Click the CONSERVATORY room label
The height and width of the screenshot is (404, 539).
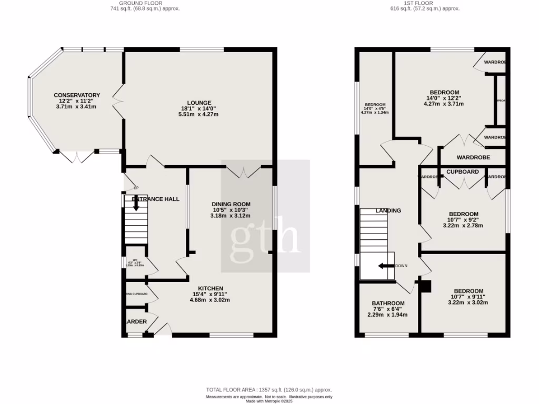[x=77, y=95]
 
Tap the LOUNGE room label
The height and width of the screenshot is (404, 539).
[x=199, y=103]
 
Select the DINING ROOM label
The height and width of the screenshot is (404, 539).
[x=231, y=204]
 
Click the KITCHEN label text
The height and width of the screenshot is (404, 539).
[x=210, y=288]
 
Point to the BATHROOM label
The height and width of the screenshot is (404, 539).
[x=388, y=304]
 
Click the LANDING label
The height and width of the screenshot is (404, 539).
[x=388, y=210]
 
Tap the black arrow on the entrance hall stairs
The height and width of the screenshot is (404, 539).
[x=136, y=203]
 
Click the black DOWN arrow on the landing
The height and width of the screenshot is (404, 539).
[x=386, y=266]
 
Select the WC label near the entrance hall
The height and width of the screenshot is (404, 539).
[x=135, y=260]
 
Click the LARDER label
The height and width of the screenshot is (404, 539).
[x=136, y=321]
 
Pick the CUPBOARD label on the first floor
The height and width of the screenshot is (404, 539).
[x=463, y=172]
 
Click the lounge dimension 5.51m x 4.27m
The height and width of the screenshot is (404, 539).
[x=199, y=114]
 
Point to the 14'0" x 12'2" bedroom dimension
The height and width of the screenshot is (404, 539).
[x=444, y=98]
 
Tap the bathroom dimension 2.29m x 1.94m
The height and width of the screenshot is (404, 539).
[x=388, y=315]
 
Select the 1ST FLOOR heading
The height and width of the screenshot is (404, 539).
[x=418, y=3]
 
